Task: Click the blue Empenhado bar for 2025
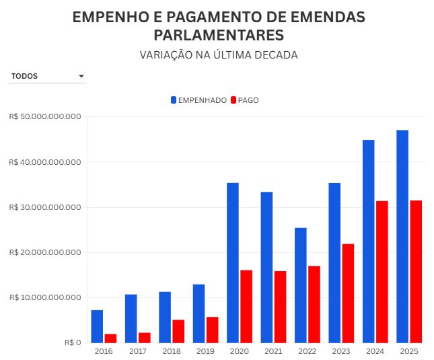click(x=402, y=236)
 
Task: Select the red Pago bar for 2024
click(x=382, y=272)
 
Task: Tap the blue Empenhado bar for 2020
click(x=233, y=262)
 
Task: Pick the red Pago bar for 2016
click(x=110, y=338)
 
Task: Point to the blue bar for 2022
click(x=301, y=285)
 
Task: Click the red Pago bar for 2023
click(x=348, y=293)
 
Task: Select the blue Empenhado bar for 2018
click(x=165, y=317)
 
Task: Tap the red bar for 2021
click(x=280, y=307)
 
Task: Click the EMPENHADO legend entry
click(x=198, y=100)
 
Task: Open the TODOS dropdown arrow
click(x=81, y=77)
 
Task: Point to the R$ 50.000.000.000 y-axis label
click(x=46, y=117)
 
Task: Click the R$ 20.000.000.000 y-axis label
click(x=46, y=252)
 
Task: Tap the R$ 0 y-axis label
click(x=73, y=343)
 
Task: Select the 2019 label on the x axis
click(x=205, y=352)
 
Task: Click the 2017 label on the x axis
click(x=138, y=352)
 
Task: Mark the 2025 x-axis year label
click(x=409, y=352)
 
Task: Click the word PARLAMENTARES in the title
click(x=219, y=35)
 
